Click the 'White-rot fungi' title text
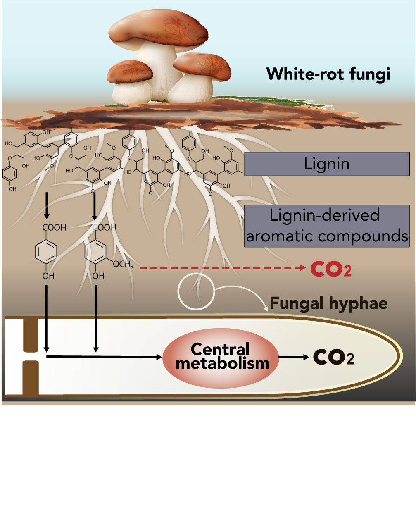pyautogui.click(x=328, y=74)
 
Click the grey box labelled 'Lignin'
pyautogui.click(x=327, y=164)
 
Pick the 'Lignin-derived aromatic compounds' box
pyautogui.click(x=327, y=226)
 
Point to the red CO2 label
pyautogui.click(x=331, y=269)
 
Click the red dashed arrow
pyautogui.click(x=223, y=268)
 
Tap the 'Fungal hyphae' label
pyautogui.click(x=329, y=304)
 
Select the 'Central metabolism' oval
pyautogui.click(x=221, y=356)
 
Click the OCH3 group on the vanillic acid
pyautogui.click(x=123, y=264)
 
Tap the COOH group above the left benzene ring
pyautogui.click(x=54, y=227)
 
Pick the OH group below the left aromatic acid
pyautogui.click(x=48, y=276)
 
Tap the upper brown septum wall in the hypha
pyautogui.click(x=31, y=335)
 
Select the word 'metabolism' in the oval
pyautogui.click(x=222, y=364)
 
